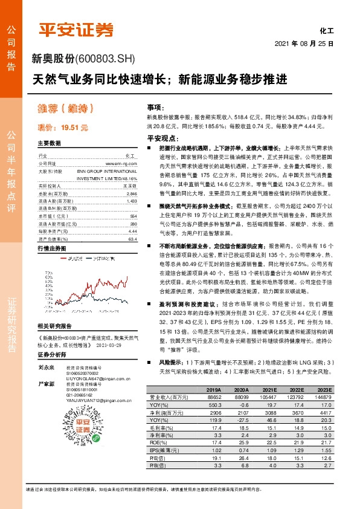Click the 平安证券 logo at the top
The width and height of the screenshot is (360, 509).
(76, 28)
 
